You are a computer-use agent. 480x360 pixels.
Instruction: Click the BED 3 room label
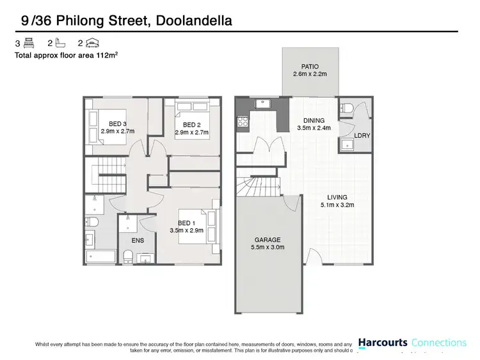pos(116,124)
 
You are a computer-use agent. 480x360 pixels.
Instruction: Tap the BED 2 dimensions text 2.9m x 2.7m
pos(191,132)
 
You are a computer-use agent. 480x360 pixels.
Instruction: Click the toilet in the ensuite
pos(128,256)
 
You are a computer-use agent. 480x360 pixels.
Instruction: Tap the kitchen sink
pos(263,103)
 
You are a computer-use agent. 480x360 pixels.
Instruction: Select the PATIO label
pos(310,67)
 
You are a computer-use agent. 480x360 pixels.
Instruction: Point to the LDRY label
pos(362,136)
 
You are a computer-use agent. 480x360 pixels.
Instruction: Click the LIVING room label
pos(337,197)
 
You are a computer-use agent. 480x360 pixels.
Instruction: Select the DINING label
pos(314,120)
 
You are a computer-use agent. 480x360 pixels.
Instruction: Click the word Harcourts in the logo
pos(382,342)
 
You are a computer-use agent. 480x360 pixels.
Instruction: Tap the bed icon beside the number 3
pos(28,43)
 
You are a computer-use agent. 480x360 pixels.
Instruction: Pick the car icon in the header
pos(92,43)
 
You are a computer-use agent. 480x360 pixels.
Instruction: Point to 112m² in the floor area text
pos(106,56)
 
